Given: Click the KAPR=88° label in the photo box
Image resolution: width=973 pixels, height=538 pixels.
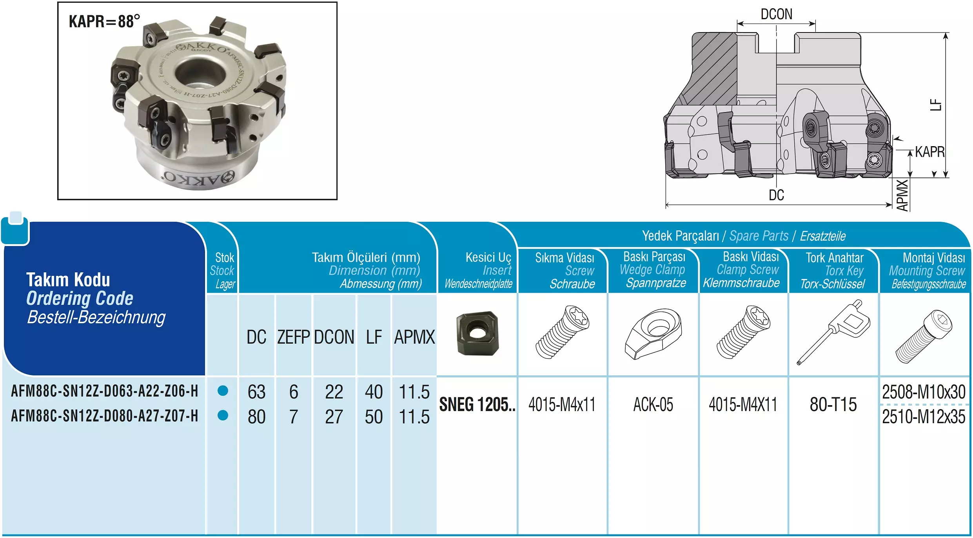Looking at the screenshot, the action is point(104,21).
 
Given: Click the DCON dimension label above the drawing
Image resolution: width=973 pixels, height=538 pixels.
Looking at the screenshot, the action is point(776,14).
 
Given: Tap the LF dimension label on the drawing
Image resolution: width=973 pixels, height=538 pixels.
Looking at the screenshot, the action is point(936,105).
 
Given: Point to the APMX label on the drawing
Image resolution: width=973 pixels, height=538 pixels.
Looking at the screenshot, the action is point(902,195).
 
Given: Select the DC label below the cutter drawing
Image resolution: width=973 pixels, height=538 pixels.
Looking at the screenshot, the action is point(776,195).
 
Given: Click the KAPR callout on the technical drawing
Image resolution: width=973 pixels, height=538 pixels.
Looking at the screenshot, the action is point(930,152).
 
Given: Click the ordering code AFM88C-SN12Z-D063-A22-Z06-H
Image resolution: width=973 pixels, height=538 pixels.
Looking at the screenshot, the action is point(105,391).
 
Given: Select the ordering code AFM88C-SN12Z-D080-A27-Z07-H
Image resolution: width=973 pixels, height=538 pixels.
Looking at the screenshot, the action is point(105,416).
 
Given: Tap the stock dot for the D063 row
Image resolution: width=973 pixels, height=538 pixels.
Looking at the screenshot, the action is point(223,391).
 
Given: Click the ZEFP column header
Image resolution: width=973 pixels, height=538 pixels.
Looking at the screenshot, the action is point(294,337).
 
